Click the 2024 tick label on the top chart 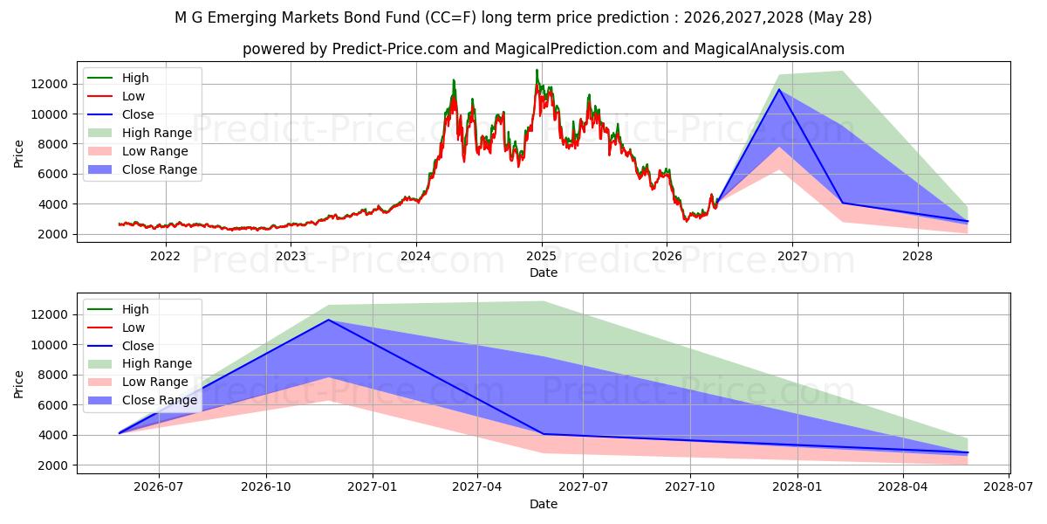(416, 257)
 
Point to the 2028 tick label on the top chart (917, 257)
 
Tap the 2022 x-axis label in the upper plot (165, 257)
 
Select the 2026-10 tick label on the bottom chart (266, 487)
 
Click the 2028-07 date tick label (1009, 487)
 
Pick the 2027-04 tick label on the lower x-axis (477, 487)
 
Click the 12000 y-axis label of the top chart (50, 84)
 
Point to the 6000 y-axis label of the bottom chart (53, 405)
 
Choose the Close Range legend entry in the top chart (142, 169)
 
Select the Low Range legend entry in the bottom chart (138, 382)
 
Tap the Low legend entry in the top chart (116, 96)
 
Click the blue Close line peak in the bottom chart (328, 320)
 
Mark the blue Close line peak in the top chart (778, 89)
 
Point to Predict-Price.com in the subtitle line (395, 49)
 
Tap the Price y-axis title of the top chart (18, 154)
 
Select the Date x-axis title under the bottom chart (543, 504)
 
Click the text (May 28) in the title (840, 17)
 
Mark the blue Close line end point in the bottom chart (967, 452)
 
